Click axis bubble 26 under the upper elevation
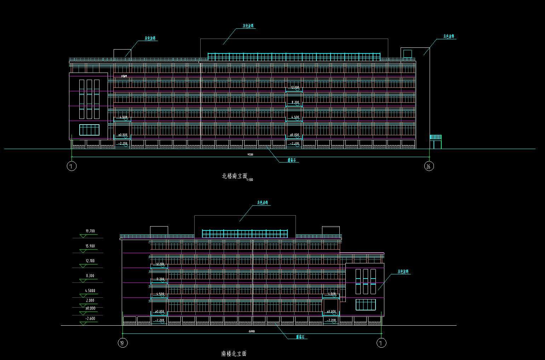tap(429, 166)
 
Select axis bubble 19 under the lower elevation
tap(122, 343)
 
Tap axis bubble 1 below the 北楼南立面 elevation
tap(71, 166)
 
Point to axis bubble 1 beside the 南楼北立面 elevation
tap(381, 343)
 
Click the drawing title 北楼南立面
tap(234, 176)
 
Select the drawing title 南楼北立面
tap(234, 353)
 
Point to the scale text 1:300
tap(249, 180)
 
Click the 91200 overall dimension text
tap(250, 154)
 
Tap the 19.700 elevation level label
tap(90, 231)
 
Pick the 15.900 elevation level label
tap(90, 246)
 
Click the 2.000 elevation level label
tap(90, 301)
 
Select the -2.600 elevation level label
tap(90, 319)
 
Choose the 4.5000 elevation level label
tap(90, 291)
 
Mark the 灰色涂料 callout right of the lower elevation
tap(403, 272)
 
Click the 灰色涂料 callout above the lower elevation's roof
tap(263, 203)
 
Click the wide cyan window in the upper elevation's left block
tap(89, 130)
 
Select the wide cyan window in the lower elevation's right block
tap(366, 305)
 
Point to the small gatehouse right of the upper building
tap(436, 142)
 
